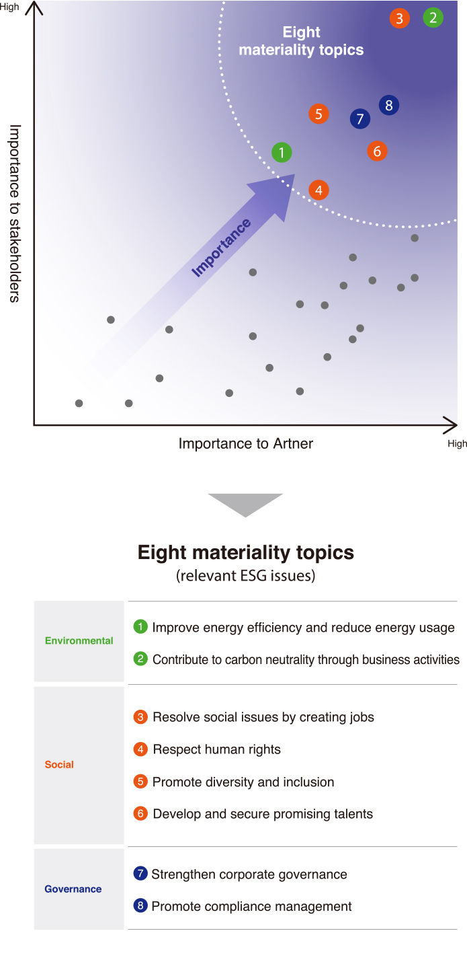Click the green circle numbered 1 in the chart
[x=282, y=153]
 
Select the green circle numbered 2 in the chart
[x=433, y=18]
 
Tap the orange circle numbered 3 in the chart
[x=400, y=18]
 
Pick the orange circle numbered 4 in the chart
[x=319, y=190]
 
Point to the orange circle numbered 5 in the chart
[x=319, y=114]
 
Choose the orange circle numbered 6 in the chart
[x=377, y=151]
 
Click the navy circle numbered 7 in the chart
[x=360, y=119]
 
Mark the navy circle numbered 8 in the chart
[x=389, y=105]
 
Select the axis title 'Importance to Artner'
[x=245, y=443]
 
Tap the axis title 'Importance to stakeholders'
[x=15, y=213]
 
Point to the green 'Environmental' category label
[x=79, y=641]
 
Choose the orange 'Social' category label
[x=59, y=765]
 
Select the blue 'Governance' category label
[x=73, y=889]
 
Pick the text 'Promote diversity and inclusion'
[x=243, y=782]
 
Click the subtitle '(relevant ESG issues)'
[x=245, y=576]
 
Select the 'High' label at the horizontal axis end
[x=457, y=444]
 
